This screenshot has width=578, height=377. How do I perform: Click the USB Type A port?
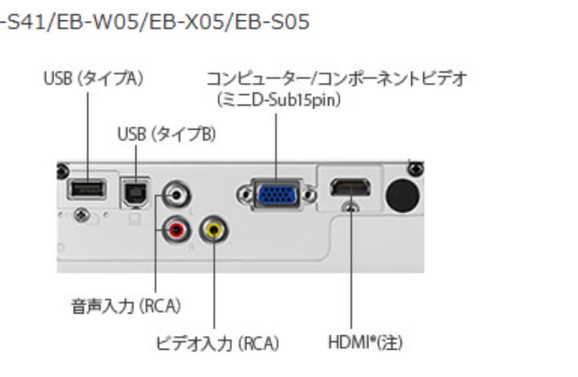[86, 190]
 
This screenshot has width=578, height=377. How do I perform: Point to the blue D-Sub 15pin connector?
[277, 194]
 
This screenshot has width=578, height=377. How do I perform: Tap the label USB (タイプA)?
[93, 79]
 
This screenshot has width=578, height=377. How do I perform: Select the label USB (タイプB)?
[166, 135]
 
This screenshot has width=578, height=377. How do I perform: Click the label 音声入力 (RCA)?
[126, 307]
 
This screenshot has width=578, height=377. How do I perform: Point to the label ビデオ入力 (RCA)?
[217, 343]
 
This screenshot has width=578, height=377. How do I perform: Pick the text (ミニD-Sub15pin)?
[279, 100]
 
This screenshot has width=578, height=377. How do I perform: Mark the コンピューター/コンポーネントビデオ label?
[337, 79]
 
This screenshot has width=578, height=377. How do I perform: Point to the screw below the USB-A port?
[81, 215]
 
